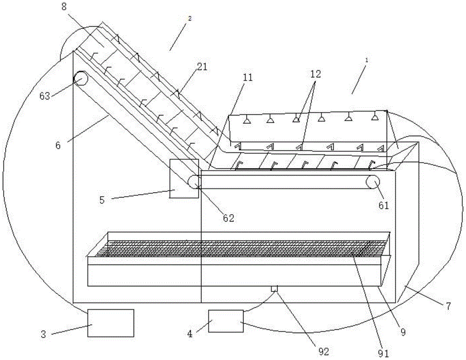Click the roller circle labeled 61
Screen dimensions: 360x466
[x=372, y=182]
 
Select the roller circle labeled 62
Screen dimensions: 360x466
[x=193, y=182]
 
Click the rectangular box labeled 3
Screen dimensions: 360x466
[x=111, y=323]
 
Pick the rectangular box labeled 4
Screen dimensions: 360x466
[x=226, y=321]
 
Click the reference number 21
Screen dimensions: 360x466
[x=202, y=67]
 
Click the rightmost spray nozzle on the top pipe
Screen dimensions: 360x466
[x=374, y=118]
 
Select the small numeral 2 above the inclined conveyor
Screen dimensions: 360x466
[x=189, y=18]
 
